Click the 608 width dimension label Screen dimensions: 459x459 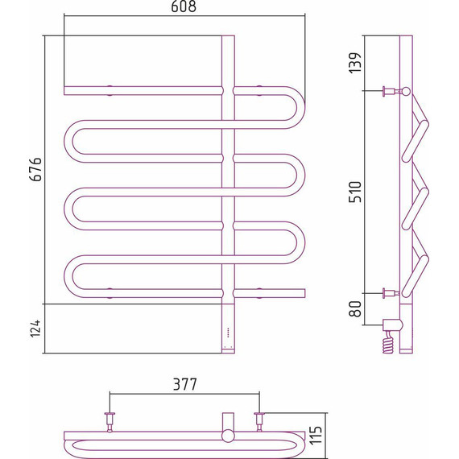point(184,6)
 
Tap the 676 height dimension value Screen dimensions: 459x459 point(37,169)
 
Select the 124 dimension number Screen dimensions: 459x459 point(35,329)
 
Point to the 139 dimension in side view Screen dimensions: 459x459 point(355,63)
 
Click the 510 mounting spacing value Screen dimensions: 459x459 point(356,192)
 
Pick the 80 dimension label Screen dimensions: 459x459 point(356,309)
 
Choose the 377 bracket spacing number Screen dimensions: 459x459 point(185,384)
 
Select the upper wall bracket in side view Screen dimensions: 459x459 point(393,91)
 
